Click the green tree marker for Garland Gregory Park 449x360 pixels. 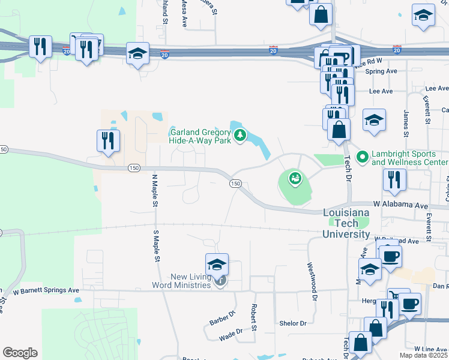pyautogui.click(x=240, y=135)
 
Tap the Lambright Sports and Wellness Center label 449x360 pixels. pyautogui.click(x=409, y=158)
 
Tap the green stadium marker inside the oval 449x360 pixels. pyautogui.click(x=294, y=178)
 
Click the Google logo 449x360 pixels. pyautogui.click(x=20, y=353)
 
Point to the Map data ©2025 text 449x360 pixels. pyautogui.click(x=423, y=356)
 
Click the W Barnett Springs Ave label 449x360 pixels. pyautogui.click(x=46, y=290)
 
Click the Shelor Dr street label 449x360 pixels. pyautogui.click(x=293, y=323)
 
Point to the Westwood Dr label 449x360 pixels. pyautogui.click(x=312, y=277)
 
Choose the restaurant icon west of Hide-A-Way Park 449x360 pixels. pyautogui.click(x=109, y=141)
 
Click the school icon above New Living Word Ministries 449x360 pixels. pyautogui.click(x=217, y=263)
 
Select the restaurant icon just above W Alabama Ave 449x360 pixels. pyautogui.click(x=394, y=180)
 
